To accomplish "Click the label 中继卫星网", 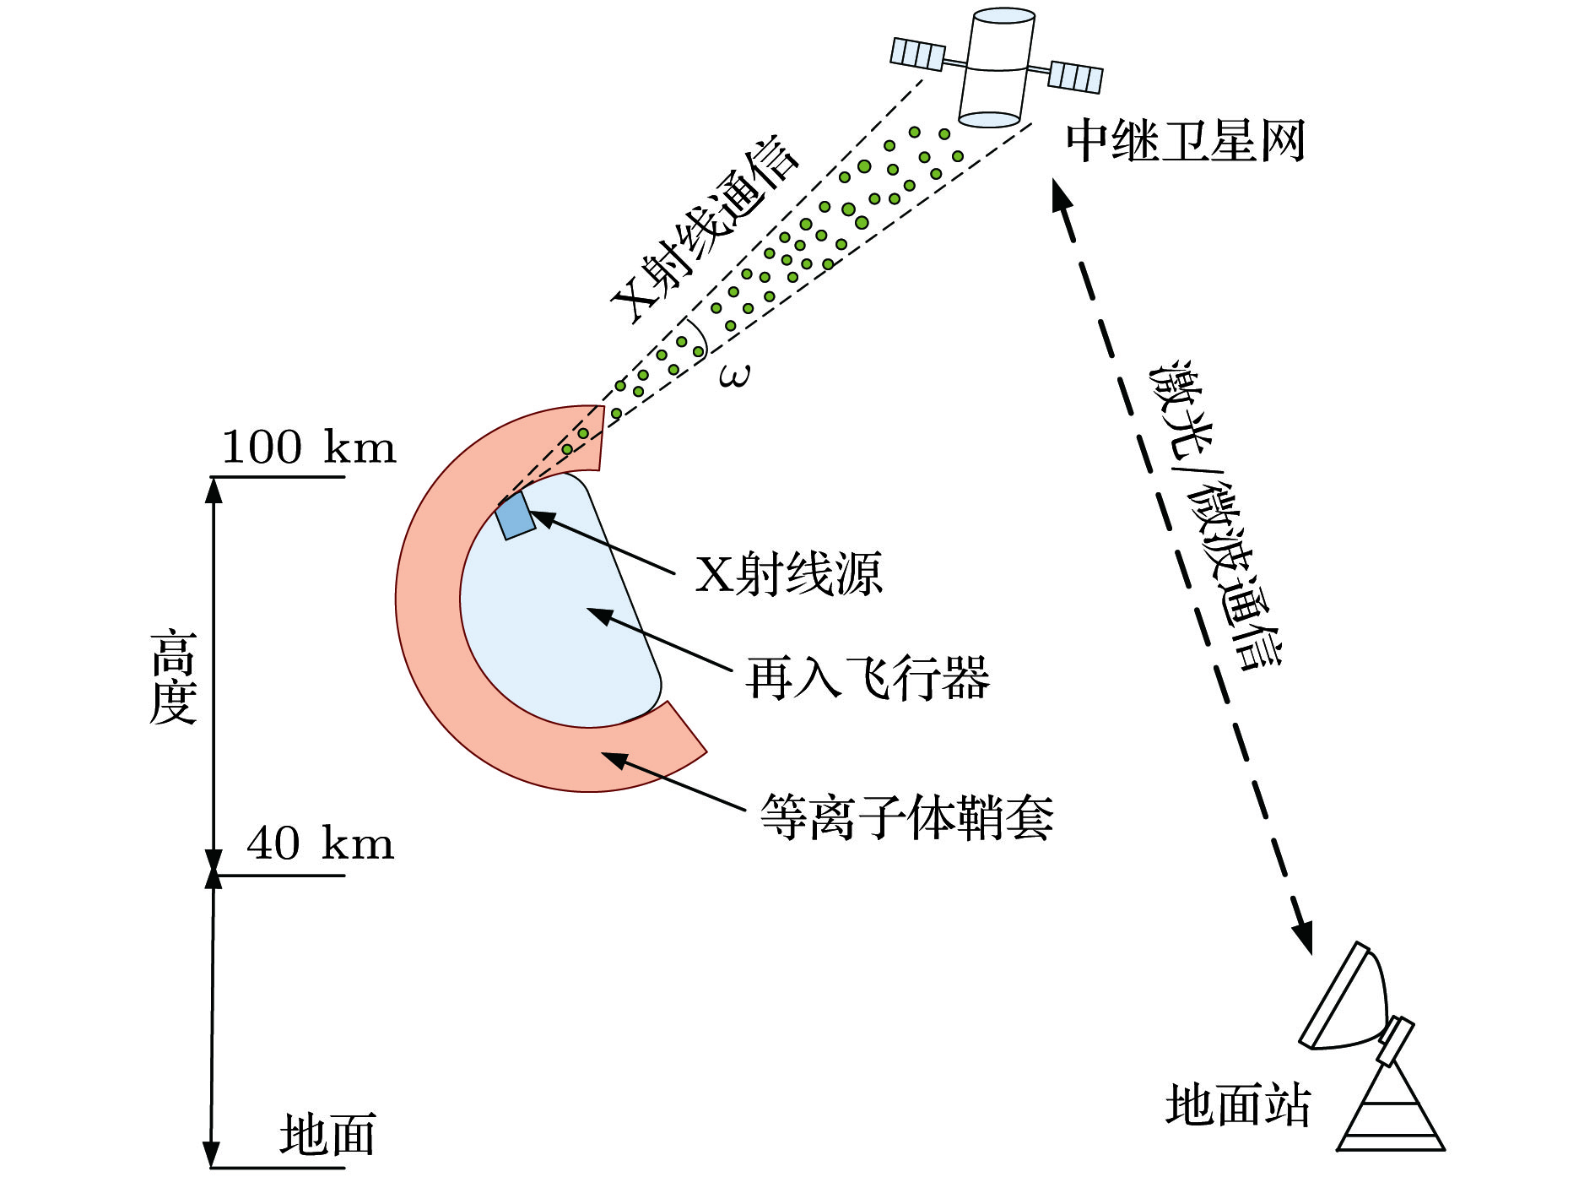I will (x=1185, y=141).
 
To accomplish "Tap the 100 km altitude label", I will (x=308, y=447).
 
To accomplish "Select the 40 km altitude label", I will (x=320, y=843).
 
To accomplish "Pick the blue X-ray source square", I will (x=514, y=515).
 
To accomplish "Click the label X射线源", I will (x=788, y=574).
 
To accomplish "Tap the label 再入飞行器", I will (x=868, y=678).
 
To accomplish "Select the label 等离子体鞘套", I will (x=906, y=817).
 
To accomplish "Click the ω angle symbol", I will (x=733, y=375).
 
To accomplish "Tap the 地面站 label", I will (x=1237, y=1106).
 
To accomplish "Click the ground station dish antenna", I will (x=1347, y=1001).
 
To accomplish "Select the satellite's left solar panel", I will (x=917, y=54).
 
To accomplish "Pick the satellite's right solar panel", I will (x=1075, y=77).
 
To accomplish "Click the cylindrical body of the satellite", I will (x=998, y=68).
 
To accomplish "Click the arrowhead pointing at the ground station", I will (x=1302, y=938).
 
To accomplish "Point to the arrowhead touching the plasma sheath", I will (x=614, y=759).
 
